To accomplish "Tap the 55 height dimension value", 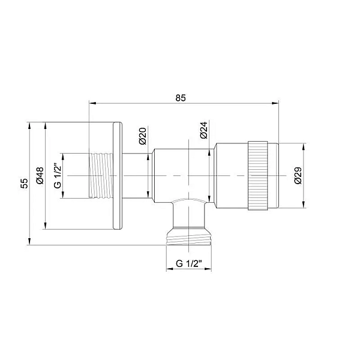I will pyautogui.click(x=24, y=183).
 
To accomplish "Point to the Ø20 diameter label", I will pyautogui.click(x=143, y=136).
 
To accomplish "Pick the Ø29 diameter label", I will pyautogui.click(x=298, y=175).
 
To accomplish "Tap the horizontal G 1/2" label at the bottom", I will pyautogui.click(x=190, y=263).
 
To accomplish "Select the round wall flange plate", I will pyautogui.click(x=118, y=175).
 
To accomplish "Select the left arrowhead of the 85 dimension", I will pyautogui.click(x=91, y=103).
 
